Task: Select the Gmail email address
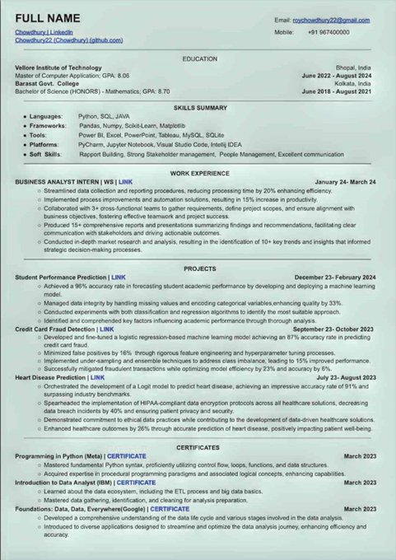point(334,18)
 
